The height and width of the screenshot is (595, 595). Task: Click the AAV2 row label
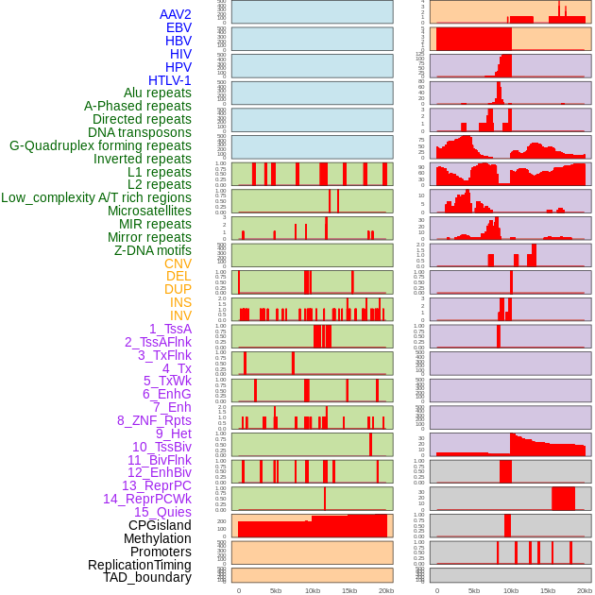tap(176, 14)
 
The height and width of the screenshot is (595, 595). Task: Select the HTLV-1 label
tap(170, 80)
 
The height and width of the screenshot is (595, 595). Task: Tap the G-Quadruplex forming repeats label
tap(100, 145)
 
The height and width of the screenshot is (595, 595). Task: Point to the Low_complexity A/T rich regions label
tap(96, 197)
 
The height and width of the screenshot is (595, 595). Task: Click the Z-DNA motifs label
tap(153, 250)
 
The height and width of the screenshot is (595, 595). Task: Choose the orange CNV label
tap(178, 263)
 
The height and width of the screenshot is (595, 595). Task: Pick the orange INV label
tap(180, 315)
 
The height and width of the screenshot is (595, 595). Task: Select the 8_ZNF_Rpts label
tap(154, 420)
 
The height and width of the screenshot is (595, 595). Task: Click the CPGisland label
tap(160, 525)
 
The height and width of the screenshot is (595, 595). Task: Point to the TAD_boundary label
tap(147, 577)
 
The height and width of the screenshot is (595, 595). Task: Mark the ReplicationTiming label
tap(139, 565)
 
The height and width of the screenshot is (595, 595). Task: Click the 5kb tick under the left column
tap(276, 590)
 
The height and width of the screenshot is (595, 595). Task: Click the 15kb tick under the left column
tap(349, 590)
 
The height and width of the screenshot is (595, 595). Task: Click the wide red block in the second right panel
tap(473, 40)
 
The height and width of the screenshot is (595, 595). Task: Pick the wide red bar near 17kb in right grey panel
tap(564, 498)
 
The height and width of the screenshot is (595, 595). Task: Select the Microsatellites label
tap(149, 211)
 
